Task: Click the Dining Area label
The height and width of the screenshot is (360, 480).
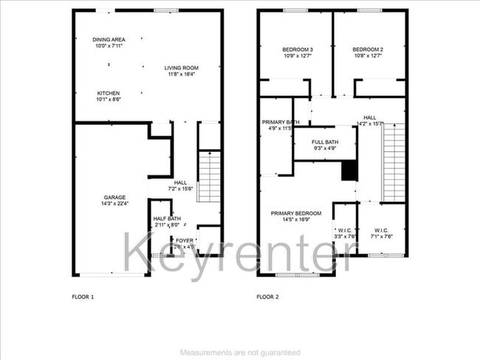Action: (108, 43)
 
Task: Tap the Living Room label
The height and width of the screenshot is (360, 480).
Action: (182, 71)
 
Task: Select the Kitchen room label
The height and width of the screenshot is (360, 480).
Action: (109, 97)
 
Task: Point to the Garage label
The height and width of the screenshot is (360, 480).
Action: (114, 200)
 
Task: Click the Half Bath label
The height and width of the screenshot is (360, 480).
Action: (166, 222)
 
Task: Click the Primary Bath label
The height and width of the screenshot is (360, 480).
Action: (276, 125)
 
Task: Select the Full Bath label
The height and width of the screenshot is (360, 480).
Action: (325, 146)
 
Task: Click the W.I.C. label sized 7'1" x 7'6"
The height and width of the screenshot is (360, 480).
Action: (383, 233)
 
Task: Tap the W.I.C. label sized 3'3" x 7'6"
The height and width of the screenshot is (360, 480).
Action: (344, 233)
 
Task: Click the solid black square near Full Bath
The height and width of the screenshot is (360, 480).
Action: (349, 171)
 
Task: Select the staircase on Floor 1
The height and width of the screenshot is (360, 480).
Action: (210, 176)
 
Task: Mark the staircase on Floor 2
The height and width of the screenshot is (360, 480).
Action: (393, 162)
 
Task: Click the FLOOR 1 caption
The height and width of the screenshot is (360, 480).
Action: (83, 297)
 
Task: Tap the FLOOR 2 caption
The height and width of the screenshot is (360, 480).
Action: (267, 297)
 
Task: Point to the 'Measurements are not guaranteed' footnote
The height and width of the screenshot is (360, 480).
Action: (240, 353)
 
